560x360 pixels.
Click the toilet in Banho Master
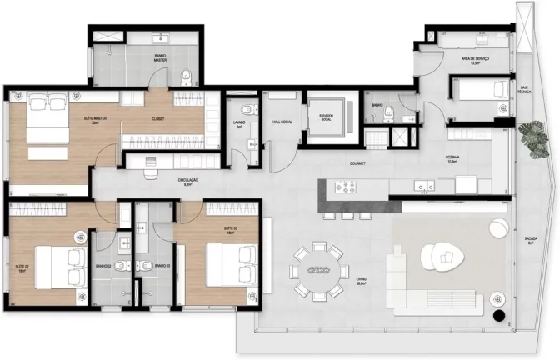[x=187, y=77]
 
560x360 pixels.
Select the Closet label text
[x=158, y=119]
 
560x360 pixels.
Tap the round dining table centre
[x=316, y=269]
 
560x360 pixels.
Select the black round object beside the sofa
[x=498, y=317]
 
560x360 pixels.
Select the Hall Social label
[x=282, y=122]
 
